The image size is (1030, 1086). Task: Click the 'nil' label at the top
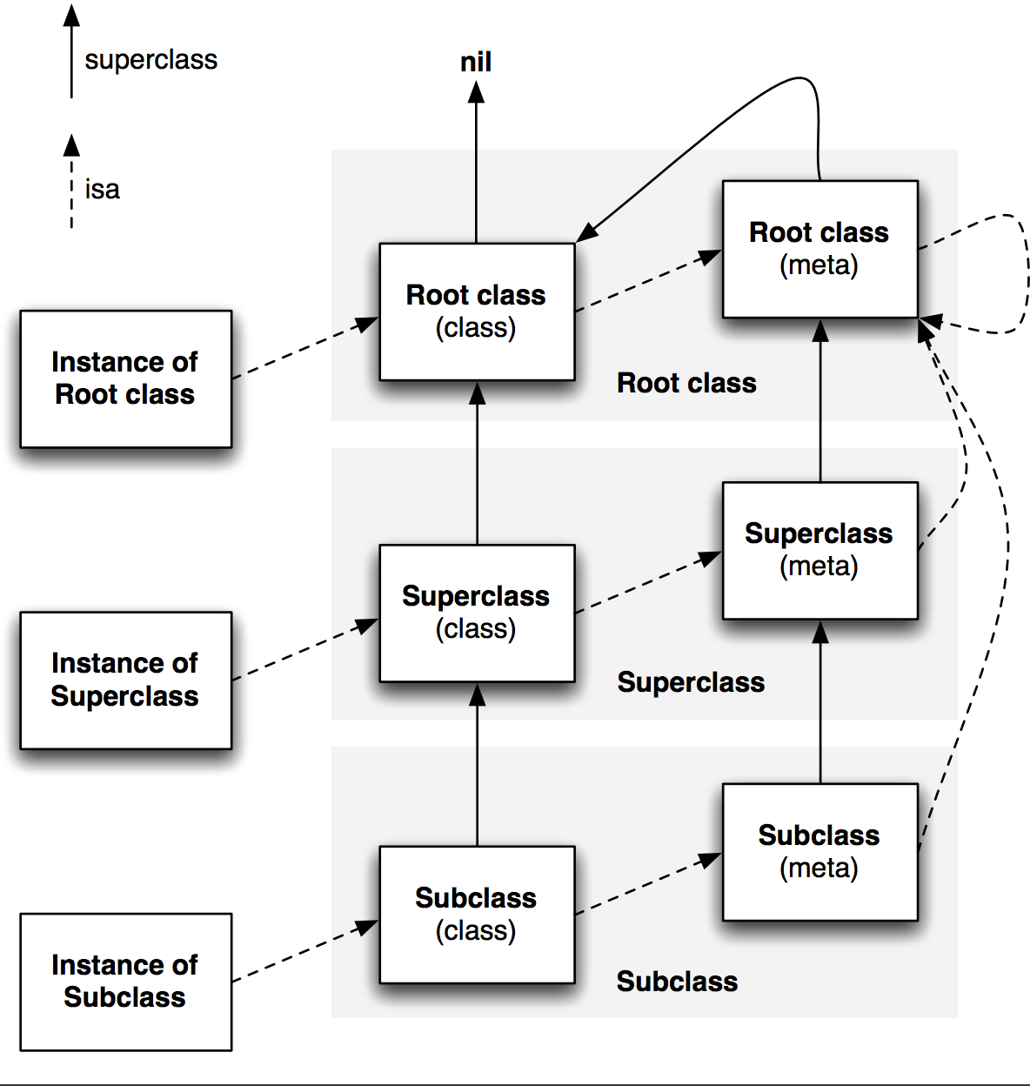click(x=476, y=62)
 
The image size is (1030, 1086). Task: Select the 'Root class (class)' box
click(x=478, y=312)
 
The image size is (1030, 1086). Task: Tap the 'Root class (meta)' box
click(x=820, y=249)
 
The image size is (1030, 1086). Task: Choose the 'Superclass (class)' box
click(x=478, y=613)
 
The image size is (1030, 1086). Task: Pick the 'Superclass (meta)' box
click(x=820, y=551)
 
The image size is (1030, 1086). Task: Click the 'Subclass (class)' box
click(x=478, y=915)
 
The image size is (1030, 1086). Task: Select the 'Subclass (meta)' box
click(x=820, y=852)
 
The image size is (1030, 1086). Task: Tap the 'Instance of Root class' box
click(x=126, y=379)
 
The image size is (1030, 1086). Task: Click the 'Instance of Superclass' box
click(x=126, y=680)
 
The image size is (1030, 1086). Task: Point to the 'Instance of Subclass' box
click(x=126, y=982)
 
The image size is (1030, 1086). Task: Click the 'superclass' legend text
click(x=150, y=60)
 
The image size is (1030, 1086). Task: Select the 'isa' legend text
click(x=102, y=190)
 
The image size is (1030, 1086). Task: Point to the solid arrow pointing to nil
click(x=476, y=162)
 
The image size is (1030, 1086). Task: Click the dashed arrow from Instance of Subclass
click(x=305, y=951)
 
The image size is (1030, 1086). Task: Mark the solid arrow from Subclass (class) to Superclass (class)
click(x=478, y=765)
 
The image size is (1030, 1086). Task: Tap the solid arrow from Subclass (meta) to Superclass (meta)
click(x=820, y=702)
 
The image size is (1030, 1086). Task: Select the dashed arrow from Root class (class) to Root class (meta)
click(x=649, y=280)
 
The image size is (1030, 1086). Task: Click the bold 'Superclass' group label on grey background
click(x=691, y=682)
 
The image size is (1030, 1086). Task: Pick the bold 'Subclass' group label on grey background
click(x=677, y=982)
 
